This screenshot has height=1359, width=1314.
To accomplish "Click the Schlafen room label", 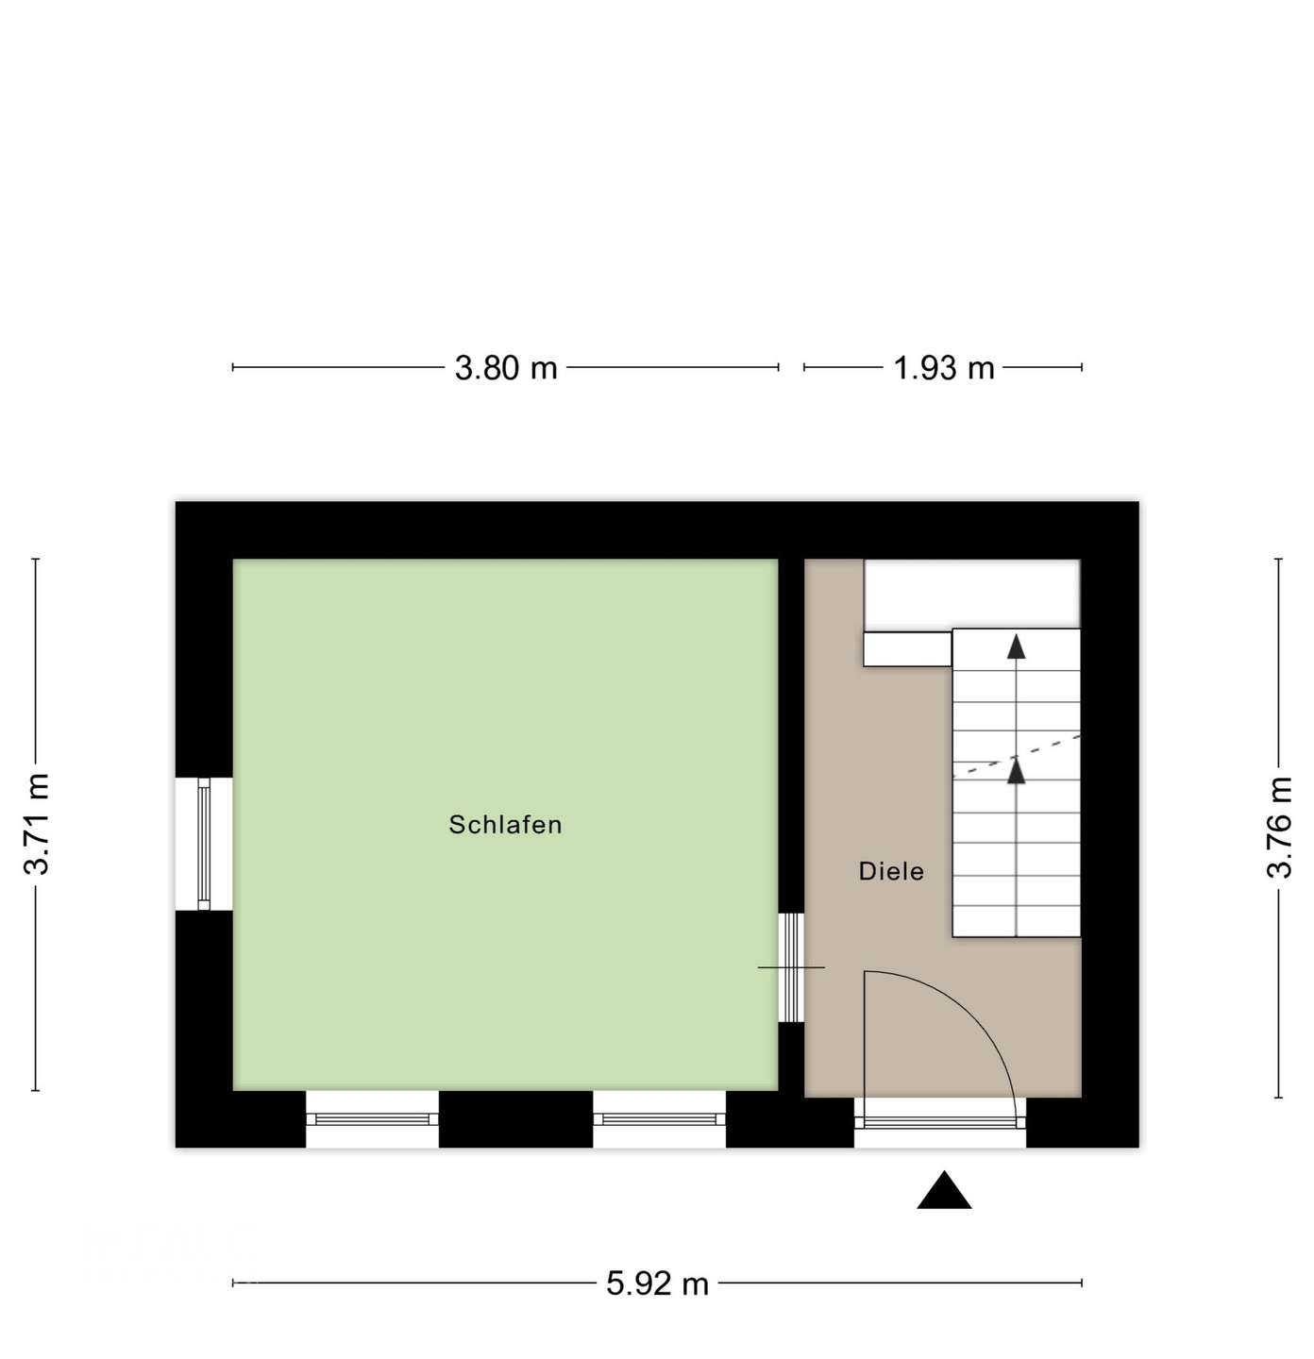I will click(505, 825).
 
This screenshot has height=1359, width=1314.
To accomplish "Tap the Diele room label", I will click(891, 871).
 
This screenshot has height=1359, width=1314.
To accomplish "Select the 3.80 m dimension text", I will click(506, 367).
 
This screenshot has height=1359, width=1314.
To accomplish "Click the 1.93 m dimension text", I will click(944, 367).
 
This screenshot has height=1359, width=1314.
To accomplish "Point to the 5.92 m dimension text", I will click(657, 1283).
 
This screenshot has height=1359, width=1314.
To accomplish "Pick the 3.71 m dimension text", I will click(37, 825).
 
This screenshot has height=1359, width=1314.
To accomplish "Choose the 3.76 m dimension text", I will click(1279, 828).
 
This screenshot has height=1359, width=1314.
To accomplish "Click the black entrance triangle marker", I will click(944, 1191).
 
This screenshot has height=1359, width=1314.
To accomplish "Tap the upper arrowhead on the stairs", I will click(1016, 646).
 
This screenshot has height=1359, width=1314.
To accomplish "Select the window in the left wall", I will click(203, 844).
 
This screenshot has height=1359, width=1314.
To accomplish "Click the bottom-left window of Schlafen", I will click(372, 1119).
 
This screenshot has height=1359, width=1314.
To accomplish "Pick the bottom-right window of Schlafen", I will click(659, 1119).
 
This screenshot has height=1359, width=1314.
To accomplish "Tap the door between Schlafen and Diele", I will click(791, 967).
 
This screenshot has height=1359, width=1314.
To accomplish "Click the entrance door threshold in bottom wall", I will click(940, 1122).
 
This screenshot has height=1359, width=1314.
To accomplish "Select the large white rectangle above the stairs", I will click(972, 594).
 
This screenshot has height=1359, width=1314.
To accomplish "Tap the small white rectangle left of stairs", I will click(907, 649).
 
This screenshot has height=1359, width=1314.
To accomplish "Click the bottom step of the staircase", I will click(1016, 921).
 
